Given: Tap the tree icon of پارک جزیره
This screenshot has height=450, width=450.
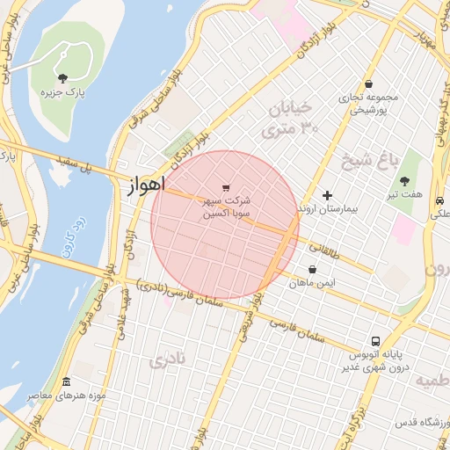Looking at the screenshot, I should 62,78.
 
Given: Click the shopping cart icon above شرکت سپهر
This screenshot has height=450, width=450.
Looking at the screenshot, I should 227,188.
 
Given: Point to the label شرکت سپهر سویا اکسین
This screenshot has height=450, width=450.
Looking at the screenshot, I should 228,207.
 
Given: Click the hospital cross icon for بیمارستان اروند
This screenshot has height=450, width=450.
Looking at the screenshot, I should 328,195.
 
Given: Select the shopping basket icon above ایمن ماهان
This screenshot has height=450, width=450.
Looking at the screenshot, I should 312,270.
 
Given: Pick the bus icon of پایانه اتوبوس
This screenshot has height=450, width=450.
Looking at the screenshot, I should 376,341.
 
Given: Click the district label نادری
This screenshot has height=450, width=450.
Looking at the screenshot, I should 168,359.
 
